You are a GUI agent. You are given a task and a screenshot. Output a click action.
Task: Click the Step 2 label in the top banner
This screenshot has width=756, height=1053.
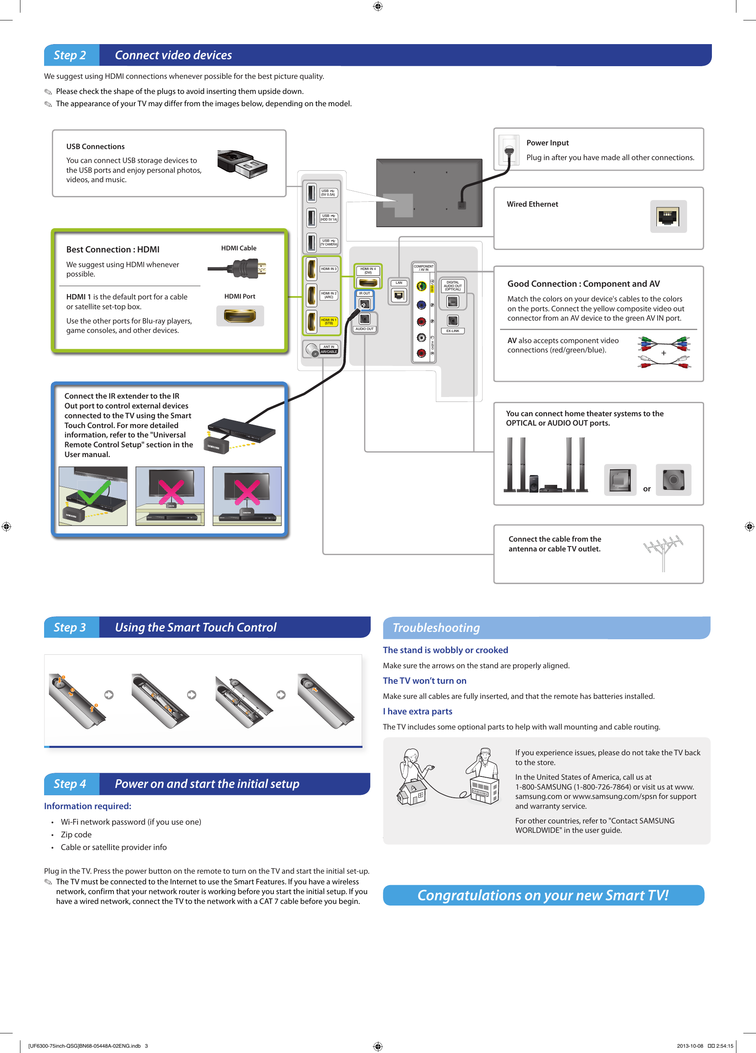coord(70,55)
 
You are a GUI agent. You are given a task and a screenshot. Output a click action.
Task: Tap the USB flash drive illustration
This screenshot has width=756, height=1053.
coord(242,164)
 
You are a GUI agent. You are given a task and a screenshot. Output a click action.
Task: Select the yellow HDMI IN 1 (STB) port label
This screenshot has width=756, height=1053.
coord(329,321)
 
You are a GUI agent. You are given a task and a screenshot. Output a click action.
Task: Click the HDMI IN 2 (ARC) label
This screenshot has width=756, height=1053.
coord(329,295)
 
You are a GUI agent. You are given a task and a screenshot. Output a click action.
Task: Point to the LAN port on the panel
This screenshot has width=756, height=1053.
coord(399,295)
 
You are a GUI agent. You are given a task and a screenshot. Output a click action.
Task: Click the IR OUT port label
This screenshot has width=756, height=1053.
coord(364,293)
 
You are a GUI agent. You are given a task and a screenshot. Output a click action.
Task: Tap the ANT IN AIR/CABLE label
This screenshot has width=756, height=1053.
coord(329,349)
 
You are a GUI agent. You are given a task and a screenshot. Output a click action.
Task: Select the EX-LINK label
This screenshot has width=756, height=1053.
coord(452,331)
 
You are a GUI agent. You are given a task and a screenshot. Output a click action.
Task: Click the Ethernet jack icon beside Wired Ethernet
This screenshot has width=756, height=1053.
coord(668,216)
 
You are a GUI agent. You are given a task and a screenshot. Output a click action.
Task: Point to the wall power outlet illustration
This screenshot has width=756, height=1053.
coord(509,150)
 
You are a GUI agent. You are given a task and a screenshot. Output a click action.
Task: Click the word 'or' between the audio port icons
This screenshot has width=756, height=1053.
coord(647,489)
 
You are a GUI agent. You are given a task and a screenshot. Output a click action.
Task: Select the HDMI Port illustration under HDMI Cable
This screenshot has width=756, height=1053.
coord(240,316)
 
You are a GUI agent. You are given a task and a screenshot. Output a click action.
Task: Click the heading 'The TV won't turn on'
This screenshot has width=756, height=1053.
coord(424,680)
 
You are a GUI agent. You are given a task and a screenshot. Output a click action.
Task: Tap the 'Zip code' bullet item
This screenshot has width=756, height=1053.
coord(76,834)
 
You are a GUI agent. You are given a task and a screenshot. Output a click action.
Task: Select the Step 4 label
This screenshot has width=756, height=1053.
coord(70,784)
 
